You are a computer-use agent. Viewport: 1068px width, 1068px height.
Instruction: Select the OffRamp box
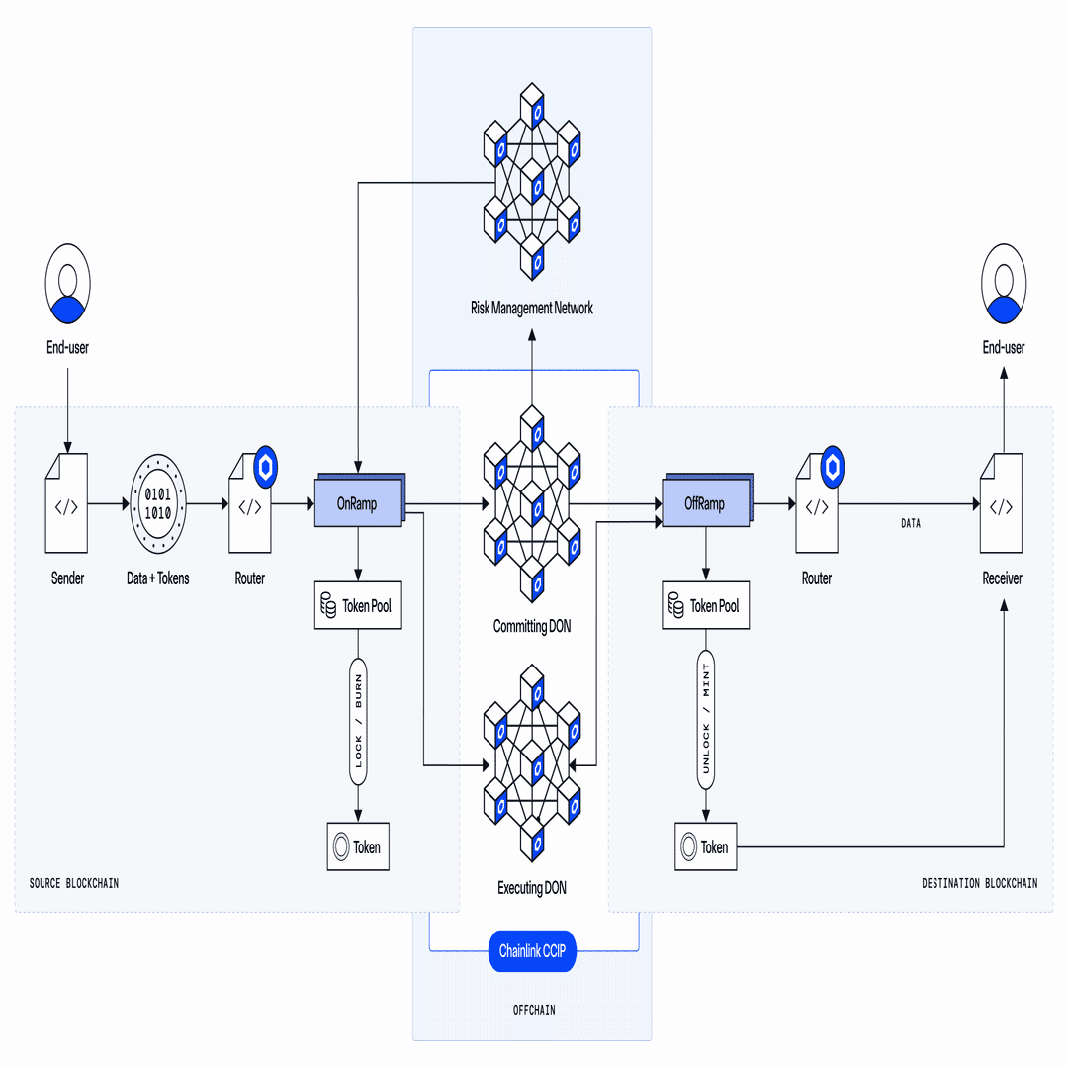[705, 503]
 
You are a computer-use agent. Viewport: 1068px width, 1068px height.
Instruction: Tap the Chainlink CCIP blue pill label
[532, 951]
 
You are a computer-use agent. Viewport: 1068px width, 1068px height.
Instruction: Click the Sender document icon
[66, 503]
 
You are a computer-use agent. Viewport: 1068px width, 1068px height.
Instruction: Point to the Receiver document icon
[1001, 505]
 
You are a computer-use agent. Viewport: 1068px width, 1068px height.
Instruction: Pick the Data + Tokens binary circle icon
[158, 503]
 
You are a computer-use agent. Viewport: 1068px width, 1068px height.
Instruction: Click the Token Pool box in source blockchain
[358, 606]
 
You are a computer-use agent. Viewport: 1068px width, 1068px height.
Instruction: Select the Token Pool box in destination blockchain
[705, 606]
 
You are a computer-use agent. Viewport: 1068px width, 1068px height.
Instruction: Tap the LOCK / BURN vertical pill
[358, 721]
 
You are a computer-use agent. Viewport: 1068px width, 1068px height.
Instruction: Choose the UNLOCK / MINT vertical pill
[706, 719]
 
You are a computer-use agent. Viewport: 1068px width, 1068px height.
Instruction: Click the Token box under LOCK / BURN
[358, 846]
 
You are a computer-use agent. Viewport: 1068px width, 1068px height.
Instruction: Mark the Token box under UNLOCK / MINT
[705, 846]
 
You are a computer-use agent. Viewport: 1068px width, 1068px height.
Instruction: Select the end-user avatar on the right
[1004, 284]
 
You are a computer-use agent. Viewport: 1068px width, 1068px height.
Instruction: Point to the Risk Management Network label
[532, 308]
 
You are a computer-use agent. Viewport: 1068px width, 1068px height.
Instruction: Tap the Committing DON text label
[532, 626]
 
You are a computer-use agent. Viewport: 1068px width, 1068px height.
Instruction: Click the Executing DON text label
[532, 888]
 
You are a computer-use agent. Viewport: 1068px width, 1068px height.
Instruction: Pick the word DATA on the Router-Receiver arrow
[911, 523]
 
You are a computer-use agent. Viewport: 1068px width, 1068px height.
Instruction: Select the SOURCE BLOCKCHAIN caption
[74, 883]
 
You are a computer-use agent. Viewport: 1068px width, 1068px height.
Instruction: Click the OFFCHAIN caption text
[533, 1010]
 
